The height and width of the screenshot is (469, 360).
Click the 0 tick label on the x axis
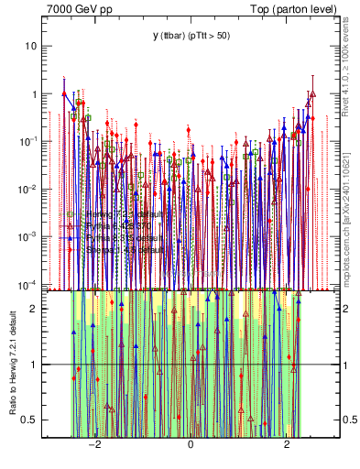click(191, 443)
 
